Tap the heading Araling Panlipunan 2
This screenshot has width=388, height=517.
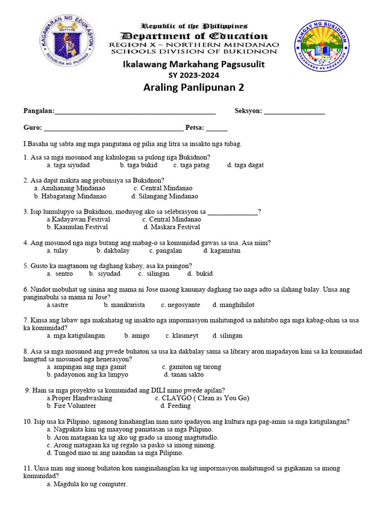tap(194, 87)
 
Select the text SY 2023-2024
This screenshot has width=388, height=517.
tap(194, 74)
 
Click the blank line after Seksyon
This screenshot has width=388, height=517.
tap(294, 111)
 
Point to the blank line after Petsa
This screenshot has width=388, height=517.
tap(217, 127)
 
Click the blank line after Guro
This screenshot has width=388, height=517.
tap(113, 127)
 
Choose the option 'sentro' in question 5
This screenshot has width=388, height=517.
tap(64, 274)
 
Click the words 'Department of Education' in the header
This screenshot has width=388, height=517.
tap(194, 36)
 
